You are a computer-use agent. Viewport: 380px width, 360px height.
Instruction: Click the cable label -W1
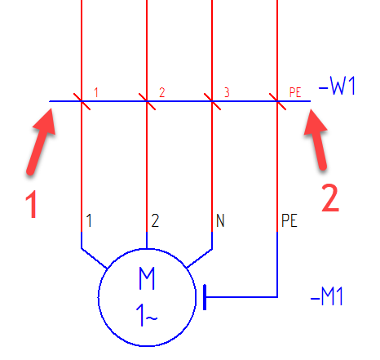pyautogui.click(x=337, y=86)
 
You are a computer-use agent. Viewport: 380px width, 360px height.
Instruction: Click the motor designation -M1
pyautogui.click(x=327, y=296)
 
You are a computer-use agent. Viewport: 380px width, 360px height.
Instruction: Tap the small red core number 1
pyautogui.click(x=96, y=92)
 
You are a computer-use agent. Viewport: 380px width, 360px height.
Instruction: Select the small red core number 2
pyautogui.click(x=162, y=92)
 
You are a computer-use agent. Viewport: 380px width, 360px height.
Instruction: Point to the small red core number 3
pyautogui.click(x=227, y=92)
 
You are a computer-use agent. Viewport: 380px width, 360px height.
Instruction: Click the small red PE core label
pyautogui.click(x=295, y=92)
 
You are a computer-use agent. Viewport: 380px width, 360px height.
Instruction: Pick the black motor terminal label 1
pyautogui.click(x=89, y=220)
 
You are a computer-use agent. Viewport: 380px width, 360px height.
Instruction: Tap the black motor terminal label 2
pyautogui.click(x=155, y=220)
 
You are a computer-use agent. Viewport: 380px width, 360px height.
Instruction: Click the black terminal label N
pyautogui.click(x=220, y=220)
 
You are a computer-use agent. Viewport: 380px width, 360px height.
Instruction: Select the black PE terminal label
pyautogui.click(x=289, y=220)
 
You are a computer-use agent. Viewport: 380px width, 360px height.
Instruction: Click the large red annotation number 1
pyautogui.click(x=31, y=204)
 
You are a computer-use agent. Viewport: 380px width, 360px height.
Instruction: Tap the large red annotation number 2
pyautogui.click(x=330, y=198)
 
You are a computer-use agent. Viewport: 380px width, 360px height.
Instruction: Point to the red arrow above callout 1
pyautogui.click(x=41, y=141)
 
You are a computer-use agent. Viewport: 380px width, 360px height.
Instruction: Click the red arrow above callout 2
pyautogui.click(x=316, y=140)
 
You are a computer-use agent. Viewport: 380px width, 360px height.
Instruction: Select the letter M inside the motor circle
pyautogui.click(x=147, y=278)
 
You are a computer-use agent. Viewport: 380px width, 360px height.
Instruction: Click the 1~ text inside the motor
pyautogui.click(x=147, y=315)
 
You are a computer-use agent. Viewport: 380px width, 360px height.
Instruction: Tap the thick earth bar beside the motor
pyautogui.click(x=205, y=297)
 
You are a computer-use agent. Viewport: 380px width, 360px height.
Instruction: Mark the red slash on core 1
pyautogui.click(x=82, y=101)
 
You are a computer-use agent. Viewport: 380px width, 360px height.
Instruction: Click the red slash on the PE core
pyautogui.click(x=277, y=101)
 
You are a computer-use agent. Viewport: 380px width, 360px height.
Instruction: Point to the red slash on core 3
pyautogui.click(x=212, y=101)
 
